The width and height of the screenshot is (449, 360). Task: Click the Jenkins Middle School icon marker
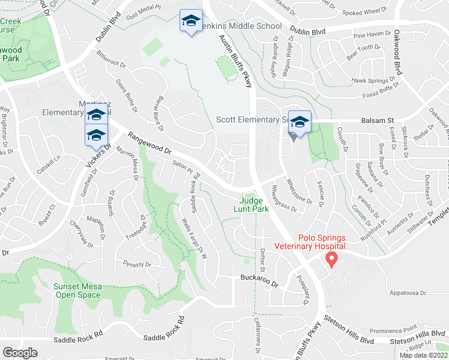pyautogui.click(x=191, y=22)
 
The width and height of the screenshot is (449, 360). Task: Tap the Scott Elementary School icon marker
pyautogui.click(x=299, y=122)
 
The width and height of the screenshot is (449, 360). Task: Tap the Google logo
pyautogui.click(x=20, y=352)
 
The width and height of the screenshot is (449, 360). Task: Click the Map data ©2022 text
pyautogui.click(x=423, y=355)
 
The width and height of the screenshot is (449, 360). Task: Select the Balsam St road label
pyautogui.click(x=377, y=121)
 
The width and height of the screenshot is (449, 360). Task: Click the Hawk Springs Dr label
pyautogui.click(x=376, y=81)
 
